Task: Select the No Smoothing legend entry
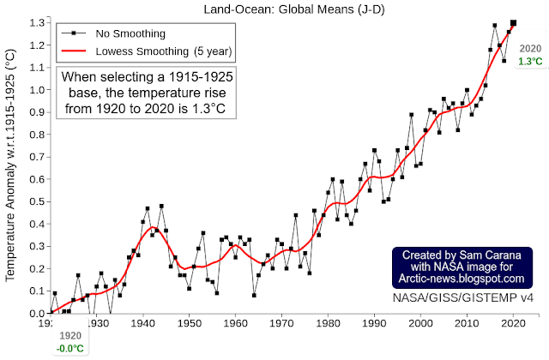point(113,33)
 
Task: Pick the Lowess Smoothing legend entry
point(147,51)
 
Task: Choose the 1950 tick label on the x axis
point(189,323)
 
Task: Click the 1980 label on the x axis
point(328,323)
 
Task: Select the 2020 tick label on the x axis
point(513,323)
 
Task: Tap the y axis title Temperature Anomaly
point(10,165)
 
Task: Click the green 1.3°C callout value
point(530,62)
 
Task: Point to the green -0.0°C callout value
point(70,349)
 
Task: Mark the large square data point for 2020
point(513,23)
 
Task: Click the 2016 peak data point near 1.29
point(495,26)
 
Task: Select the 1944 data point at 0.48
point(161,206)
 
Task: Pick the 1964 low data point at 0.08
point(254,296)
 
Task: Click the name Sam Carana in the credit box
point(490,255)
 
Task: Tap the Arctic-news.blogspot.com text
point(462,279)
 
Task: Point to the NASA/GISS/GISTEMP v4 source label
point(463,297)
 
